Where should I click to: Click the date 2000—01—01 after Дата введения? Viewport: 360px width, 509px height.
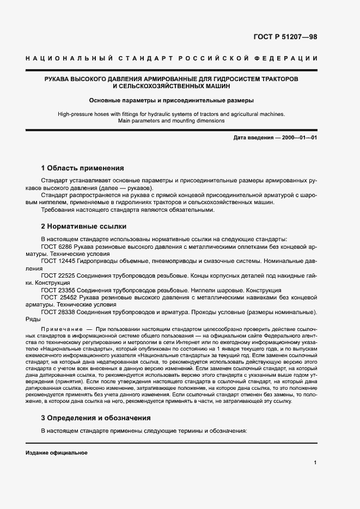[x=298, y=138]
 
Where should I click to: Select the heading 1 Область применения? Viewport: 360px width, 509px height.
[x=83, y=168]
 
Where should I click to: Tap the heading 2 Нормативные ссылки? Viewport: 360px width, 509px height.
[x=84, y=225]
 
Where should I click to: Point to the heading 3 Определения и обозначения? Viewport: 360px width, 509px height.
[x=96, y=418]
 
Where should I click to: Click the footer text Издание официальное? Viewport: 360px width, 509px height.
[x=57, y=453]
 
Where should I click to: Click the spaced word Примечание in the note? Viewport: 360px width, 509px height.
[x=59, y=330]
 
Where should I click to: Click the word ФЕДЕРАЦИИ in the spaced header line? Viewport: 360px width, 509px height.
[x=291, y=58]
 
